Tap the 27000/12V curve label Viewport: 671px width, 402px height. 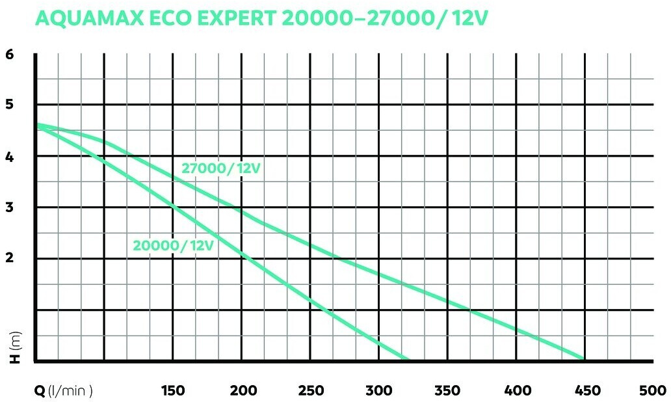click(221, 168)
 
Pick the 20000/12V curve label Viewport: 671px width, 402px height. click(174, 245)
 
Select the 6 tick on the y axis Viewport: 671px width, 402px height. click(9, 55)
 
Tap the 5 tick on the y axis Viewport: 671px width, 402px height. click(9, 105)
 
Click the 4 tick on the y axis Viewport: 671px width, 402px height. click(9, 157)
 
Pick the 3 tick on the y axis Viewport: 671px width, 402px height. click(9, 208)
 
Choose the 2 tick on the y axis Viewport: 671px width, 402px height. click(9, 259)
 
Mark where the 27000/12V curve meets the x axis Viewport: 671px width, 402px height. click(583, 359)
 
